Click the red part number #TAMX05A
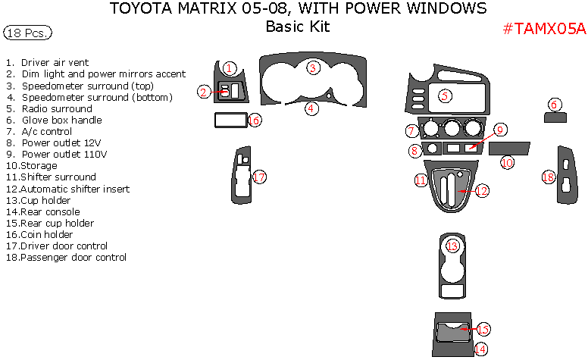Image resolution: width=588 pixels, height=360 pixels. point(544,29)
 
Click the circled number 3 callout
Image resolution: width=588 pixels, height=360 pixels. point(311,68)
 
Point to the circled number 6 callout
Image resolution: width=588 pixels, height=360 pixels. point(555,105)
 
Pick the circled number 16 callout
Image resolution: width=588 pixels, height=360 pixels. point(255,121)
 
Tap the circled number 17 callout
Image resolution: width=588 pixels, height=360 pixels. point(259,177)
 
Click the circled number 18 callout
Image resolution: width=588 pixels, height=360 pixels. point(549,177)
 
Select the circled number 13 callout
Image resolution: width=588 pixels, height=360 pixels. point(452,246)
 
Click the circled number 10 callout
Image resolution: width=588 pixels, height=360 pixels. point(507,162)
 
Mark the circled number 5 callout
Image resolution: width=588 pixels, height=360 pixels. point(445,95)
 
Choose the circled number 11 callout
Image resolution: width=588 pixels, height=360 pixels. point(421,180)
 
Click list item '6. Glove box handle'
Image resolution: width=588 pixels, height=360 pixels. point(53,120)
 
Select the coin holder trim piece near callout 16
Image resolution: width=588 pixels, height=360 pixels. point(230,120)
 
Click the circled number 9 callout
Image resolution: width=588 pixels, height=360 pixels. point(499,130)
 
